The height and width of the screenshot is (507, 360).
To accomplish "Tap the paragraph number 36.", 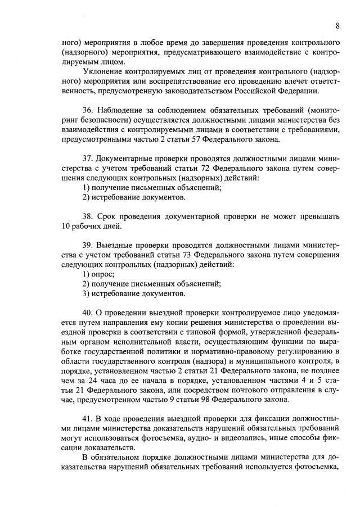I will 88,116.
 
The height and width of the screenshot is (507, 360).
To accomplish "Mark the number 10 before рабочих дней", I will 67,227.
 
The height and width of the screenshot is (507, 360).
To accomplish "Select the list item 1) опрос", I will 98,274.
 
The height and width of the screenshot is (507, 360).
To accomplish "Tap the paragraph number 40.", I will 88,313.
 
